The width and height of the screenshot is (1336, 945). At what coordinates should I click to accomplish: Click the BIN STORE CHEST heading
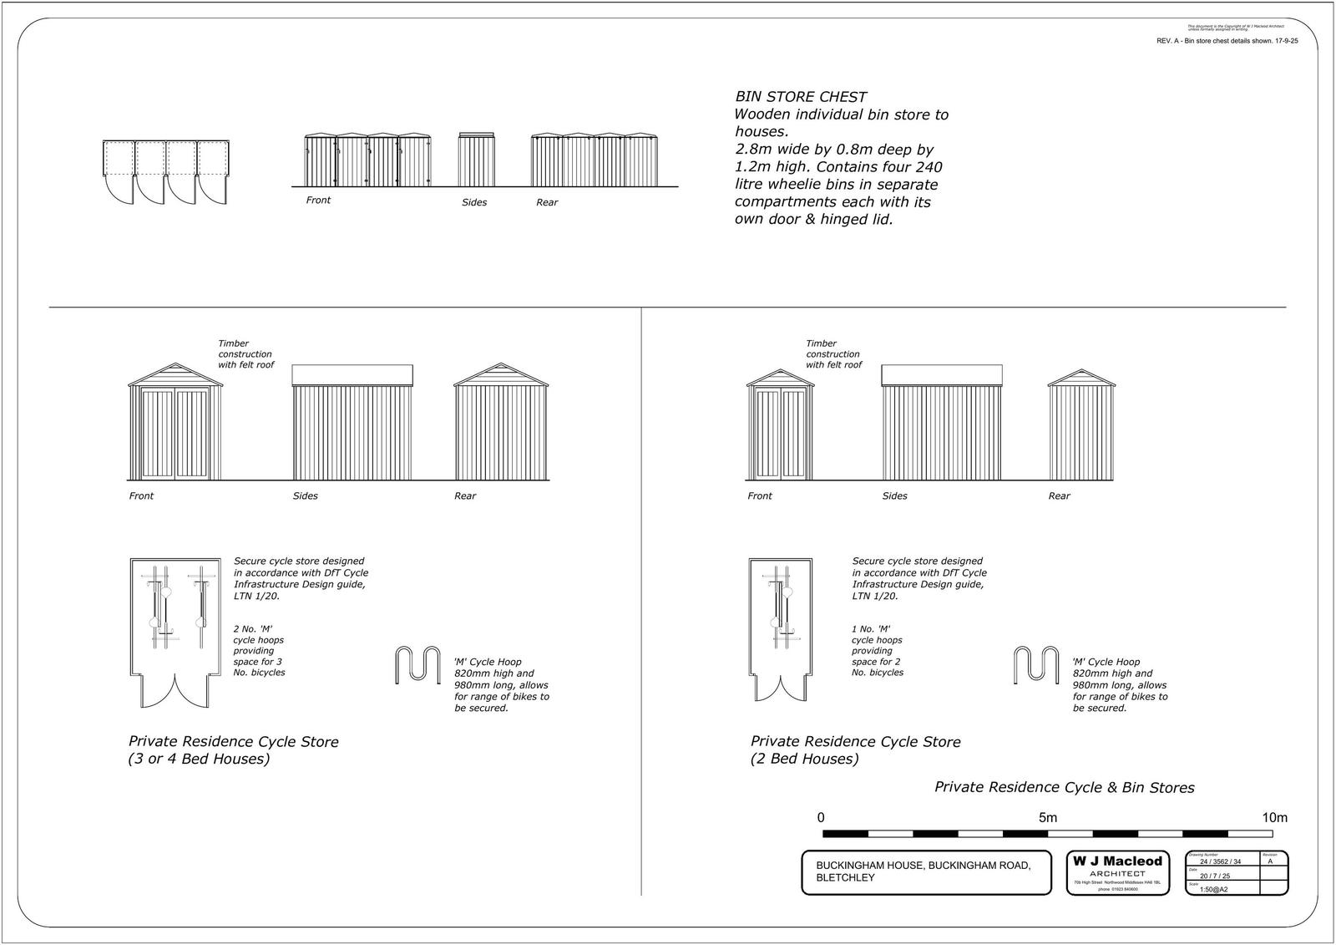(800, 97)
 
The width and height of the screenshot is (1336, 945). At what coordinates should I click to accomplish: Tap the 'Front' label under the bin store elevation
(318, 201)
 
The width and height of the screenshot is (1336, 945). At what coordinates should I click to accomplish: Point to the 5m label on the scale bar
(1047, 818)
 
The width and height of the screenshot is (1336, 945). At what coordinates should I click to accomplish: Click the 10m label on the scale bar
(1275, 818)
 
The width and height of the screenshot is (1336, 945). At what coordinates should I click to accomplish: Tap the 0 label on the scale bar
(822, 818)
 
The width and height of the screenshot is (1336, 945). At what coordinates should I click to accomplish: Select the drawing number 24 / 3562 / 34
(1220, 861)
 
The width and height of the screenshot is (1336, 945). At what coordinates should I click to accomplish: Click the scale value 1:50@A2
(1213, 889)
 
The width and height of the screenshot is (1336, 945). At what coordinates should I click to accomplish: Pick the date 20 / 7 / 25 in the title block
(1215, 876)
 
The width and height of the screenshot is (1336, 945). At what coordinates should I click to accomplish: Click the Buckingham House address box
(926, 872)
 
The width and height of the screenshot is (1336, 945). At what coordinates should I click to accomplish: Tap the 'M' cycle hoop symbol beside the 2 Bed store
(1035, 665)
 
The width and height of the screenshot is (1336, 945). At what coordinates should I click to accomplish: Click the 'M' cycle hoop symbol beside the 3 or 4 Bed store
(417, 665)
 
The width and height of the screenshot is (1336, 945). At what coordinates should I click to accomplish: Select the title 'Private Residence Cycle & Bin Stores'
(1064, 788)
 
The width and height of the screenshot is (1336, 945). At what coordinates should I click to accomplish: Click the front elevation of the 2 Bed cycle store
(780, 424)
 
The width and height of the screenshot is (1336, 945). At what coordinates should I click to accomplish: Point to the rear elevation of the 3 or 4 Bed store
(501, 423)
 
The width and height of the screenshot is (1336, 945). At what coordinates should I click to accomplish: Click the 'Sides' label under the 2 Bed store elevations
(894, 496)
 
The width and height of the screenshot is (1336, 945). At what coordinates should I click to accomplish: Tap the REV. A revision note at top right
(1227, 41)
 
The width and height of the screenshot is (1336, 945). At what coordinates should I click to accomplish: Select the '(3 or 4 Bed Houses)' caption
(199, 760)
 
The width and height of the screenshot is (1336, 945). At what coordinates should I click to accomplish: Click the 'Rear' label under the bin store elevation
(547, 203)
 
